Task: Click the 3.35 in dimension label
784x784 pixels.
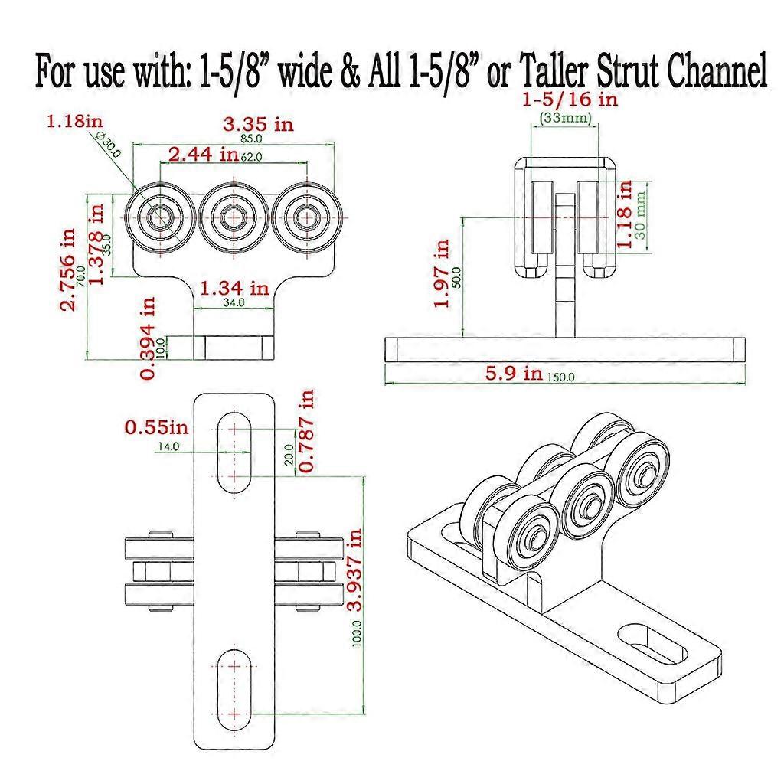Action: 256,124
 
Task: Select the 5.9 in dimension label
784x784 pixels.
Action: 512,374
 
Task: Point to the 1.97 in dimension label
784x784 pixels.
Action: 443,274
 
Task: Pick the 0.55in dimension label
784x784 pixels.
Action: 154,426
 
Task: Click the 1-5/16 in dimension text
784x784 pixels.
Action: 570,100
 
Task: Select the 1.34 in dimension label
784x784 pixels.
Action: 234,289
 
